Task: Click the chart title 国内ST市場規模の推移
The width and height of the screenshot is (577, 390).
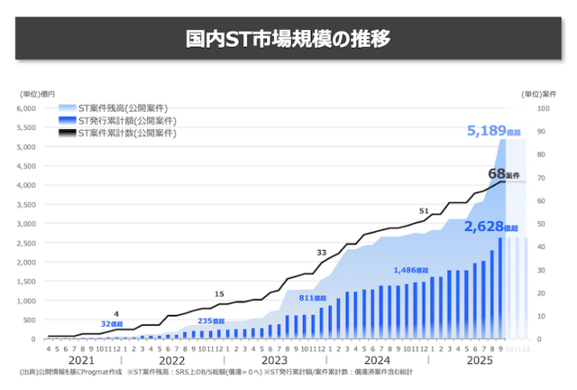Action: (x=288, y=41)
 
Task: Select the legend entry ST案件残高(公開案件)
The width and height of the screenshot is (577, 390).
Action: (x=126, y=109)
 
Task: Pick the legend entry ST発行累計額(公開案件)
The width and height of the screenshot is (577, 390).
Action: (x=126, y=121)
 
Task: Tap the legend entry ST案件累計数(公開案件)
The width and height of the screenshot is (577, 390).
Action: (x=126, y=133)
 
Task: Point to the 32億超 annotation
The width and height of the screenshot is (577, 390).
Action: (x=112, y=323)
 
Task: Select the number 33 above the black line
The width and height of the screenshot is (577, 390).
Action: (x=322, y=252)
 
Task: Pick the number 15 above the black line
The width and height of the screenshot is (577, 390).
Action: (x=219, y=294)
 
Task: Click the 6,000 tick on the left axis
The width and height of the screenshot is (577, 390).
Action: (x=47, y=108)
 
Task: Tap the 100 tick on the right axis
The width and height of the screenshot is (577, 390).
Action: (x=542, y=108)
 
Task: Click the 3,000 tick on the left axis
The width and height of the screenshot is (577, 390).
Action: (x=47, y=224)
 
